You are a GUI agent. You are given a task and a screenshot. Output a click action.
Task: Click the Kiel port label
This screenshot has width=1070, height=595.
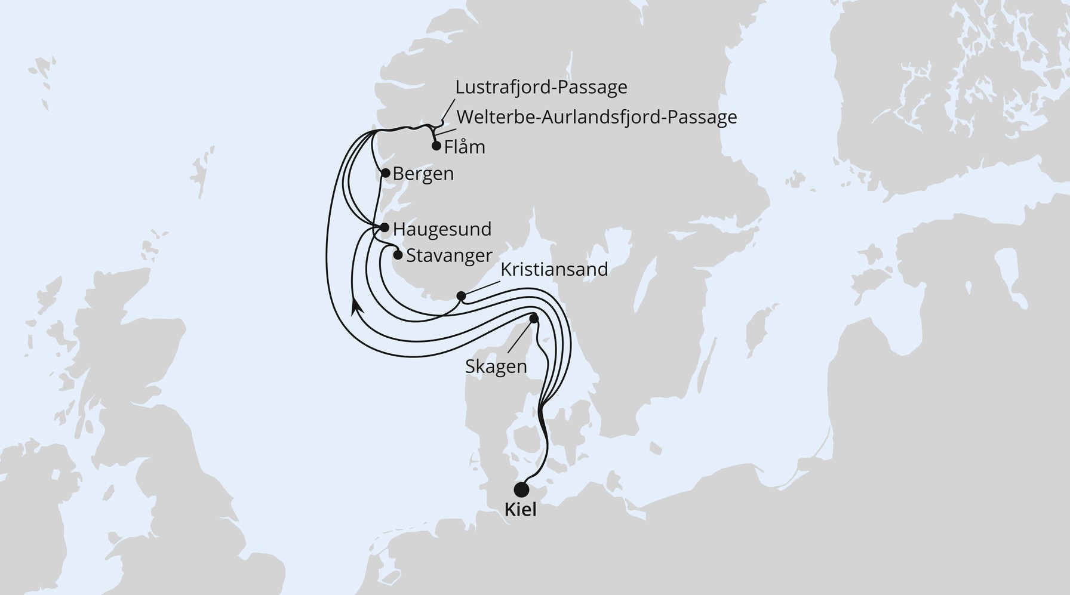tap(521, 510)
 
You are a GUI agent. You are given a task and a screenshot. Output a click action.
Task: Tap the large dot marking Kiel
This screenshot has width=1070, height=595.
tap(521, 489)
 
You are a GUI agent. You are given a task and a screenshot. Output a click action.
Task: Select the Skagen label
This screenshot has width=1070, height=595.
tap(496, 366)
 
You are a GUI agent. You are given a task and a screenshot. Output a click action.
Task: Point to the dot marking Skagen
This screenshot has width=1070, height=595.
tap(534, 319)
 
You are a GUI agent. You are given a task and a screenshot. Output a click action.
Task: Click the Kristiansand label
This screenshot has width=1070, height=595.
tap(554, 270)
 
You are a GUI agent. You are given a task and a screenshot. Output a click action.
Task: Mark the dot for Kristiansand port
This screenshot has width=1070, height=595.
tap(461, 296)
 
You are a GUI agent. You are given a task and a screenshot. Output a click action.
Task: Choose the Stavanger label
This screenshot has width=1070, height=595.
tap(449, 256)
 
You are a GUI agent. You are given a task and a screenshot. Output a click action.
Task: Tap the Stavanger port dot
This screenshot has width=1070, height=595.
tap(398, 255)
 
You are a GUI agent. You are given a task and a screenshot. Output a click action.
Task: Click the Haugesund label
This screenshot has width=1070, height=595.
tap(442, 229)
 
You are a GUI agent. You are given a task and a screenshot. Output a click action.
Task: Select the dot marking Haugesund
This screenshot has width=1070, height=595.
tap(385, 227)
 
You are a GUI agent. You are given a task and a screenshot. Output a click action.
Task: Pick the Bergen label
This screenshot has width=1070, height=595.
tap(423, 174)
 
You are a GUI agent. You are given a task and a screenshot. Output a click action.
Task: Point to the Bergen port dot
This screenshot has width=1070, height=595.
tap(386, 174)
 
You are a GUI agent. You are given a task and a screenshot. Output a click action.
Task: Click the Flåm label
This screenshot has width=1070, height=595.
tap(465, 147)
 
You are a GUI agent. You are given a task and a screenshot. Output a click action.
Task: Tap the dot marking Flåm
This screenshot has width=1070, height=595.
tap(436, 146)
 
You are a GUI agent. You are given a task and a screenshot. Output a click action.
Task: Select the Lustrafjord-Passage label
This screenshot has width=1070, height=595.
tap(541, 87)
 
